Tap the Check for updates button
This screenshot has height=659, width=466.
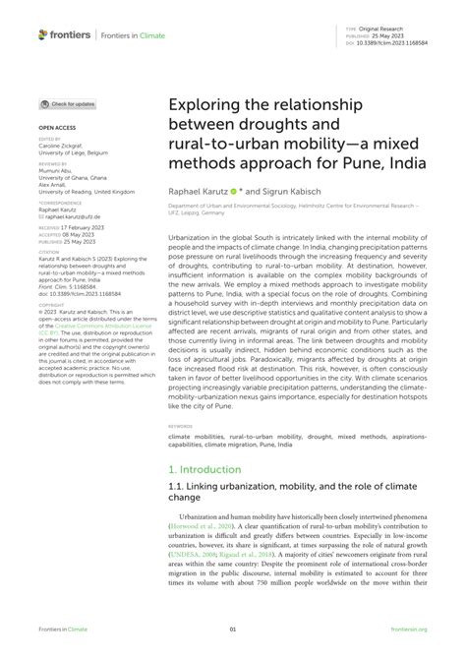(x=68, y=104)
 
